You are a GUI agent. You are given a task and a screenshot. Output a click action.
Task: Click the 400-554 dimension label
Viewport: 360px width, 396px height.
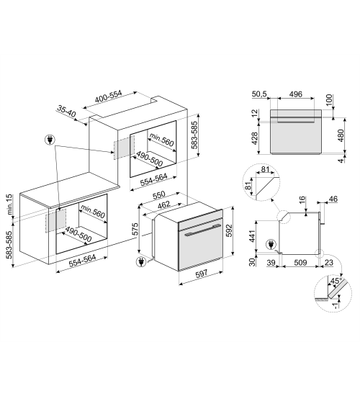109,96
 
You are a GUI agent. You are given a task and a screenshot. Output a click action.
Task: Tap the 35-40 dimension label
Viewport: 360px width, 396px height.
66,112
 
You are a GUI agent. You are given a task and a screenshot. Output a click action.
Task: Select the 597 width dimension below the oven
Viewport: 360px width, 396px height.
202,274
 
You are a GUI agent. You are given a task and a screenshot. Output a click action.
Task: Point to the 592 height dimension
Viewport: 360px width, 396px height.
229,230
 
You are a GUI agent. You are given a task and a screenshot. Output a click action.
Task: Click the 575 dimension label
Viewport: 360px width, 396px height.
135,229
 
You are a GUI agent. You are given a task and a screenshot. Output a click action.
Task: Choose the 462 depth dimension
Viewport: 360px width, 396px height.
163,204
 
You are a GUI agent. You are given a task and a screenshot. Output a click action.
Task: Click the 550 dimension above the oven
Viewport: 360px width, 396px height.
159,194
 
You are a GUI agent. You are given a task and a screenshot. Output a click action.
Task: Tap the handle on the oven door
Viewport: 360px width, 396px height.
202,230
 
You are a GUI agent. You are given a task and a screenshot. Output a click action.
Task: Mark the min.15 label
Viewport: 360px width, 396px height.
9,204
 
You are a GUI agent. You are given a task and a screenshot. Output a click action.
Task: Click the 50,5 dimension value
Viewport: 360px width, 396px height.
259,94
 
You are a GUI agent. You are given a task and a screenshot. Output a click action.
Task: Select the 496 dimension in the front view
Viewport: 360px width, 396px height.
296,94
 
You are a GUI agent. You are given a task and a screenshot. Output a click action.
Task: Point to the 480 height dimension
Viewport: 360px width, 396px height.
341,135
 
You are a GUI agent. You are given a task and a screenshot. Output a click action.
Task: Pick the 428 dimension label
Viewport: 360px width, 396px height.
254,138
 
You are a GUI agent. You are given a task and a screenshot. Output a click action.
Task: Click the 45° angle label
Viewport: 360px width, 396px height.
336,281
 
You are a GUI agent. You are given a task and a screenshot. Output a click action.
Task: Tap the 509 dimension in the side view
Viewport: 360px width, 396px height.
300,263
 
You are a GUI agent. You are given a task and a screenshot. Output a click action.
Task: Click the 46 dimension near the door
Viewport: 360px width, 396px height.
333,199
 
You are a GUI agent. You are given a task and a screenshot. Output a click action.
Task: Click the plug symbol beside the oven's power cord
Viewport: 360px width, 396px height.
140,262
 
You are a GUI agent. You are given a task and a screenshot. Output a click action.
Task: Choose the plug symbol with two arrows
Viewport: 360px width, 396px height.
50,140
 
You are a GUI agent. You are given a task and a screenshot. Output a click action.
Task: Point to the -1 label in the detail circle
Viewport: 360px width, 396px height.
336,305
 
